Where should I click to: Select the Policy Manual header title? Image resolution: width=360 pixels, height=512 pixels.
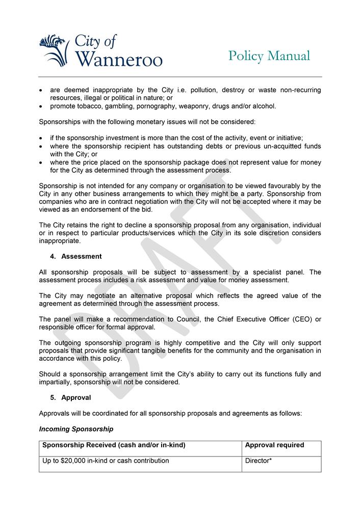[x=269, y=56]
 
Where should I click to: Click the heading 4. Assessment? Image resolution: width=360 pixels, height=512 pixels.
[x=76, y=256]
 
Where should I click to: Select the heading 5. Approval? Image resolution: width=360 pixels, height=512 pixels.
[x=71, y=397]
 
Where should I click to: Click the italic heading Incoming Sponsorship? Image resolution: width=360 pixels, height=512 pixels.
[x=76, y=429]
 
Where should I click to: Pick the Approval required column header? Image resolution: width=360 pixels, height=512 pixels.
[x=274, y=445]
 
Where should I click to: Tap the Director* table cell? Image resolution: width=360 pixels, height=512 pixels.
[x=259, y=461]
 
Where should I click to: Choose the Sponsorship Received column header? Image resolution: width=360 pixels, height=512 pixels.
[x=113, y=445]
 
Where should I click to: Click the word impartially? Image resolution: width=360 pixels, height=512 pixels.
[x=57, y=382]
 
